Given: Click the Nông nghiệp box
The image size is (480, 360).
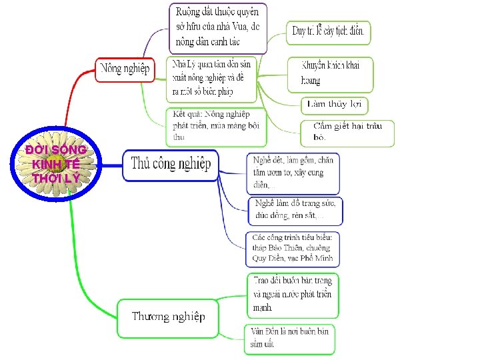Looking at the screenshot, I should pyautogui.click(x=125, y=69).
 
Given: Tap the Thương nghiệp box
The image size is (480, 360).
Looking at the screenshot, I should pyautogui.click(x=168, y=317).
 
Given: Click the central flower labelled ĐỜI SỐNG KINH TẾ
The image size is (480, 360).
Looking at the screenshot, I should pyautogui.click(x=55, y=164).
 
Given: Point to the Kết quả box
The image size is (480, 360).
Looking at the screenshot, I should pyautogui.click(x=216, y=125).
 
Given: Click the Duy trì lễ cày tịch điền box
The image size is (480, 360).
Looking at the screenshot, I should pyautogui.click(x=329, y=31).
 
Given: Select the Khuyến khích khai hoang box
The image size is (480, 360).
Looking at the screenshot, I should pyautogui.click(x=330, y=73).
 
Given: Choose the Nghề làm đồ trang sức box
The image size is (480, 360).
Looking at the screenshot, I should pyautogui.click(x=296, y=209).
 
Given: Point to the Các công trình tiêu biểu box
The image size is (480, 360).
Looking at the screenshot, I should pyautogui.click(x=293, y=247).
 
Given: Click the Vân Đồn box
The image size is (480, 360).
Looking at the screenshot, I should pyautogui.click(x=289, y=338).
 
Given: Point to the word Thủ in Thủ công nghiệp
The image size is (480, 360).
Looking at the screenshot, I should pyautogui.click(x=142, y=164).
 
